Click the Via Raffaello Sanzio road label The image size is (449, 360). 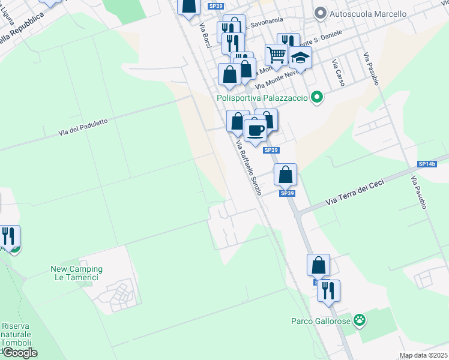click(249, 167)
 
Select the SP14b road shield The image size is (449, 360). click(427, 164)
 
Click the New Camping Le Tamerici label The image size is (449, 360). click(76, 274)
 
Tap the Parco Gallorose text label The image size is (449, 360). click(321, 320)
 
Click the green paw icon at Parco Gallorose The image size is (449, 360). click(359, 320)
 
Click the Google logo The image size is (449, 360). click(20, 353)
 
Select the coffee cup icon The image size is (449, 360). click(255, 129)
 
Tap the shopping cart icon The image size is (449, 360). click(276, 55)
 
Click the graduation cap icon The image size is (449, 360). click(300, 58)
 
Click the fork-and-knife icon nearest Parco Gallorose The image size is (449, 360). click(328, 290)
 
